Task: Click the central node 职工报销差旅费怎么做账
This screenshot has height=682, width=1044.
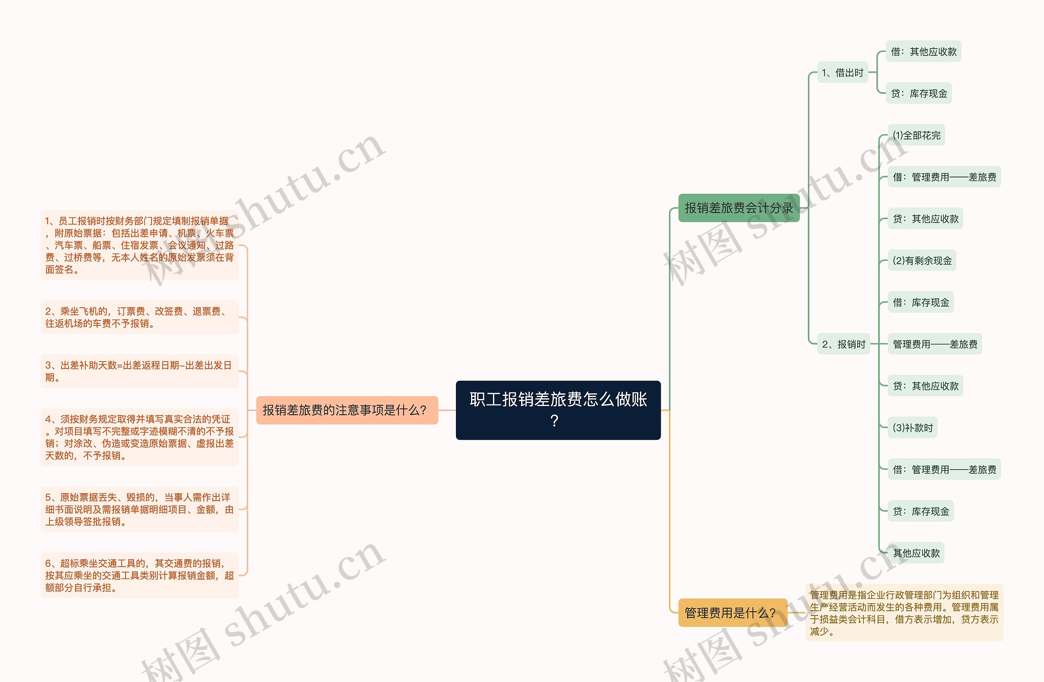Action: tap(558, 399)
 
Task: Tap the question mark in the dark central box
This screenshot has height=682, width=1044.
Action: tap(555, 421)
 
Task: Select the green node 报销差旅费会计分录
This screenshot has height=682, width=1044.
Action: tap(739, 208)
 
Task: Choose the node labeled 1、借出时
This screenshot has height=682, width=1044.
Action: tap(842, 73)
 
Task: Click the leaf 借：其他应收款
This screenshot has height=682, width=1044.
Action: tap(923, 52)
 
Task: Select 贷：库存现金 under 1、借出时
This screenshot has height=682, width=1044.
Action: tap(918, 93)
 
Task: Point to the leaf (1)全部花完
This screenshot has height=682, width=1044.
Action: tap(916, 135)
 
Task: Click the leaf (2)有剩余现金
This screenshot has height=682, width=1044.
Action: tap(922, 260)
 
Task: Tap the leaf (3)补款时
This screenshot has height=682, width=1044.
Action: tap(912, 428)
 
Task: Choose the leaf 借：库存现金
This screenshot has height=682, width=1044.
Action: tap(921, 302)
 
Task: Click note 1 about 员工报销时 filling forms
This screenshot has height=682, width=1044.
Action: tap(139, 245)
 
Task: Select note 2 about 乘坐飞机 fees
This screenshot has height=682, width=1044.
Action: tap(139, 317)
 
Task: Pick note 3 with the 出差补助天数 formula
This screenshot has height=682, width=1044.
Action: tap(139, 371)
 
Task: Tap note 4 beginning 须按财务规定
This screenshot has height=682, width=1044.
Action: tap(139, 437)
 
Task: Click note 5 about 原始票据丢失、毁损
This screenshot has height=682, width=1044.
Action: tap(139, 509)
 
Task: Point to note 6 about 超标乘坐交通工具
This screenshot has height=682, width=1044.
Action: tap(139, 575)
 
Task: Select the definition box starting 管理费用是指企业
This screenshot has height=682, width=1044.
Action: tap(904, 613)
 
